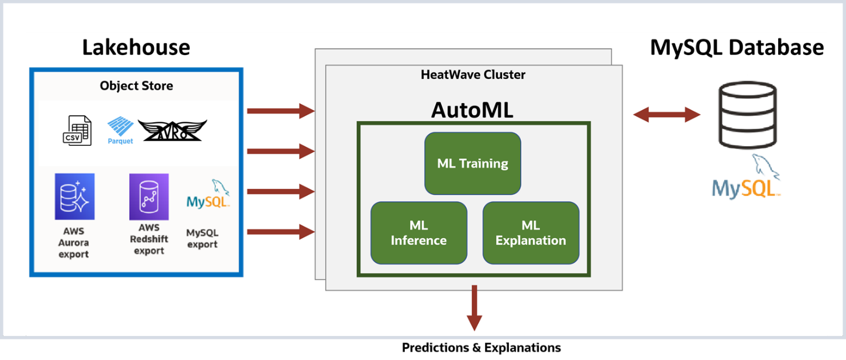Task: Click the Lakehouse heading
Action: pyautogui.click(x=136, y=47)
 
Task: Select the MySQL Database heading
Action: pyautogui.click(x=737, y=48)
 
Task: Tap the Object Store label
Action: pyautogui.click(x=136, y=85)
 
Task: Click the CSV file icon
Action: pyautogui.click(x=77, y=131)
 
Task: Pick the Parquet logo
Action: pyautogui.click(x=120, y=131)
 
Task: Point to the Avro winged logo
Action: pyautogui.click(x=172, y=131)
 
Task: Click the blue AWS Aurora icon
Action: pyautogui.click(x=75, y=197)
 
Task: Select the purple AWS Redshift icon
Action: pyautogui.click(x=149, y=197)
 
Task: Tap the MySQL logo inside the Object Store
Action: pyautogui.click(x=208, y=194)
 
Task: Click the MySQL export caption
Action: pyautogui.click(x=202, y=238)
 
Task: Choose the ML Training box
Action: pyautogui.click(x=473, y=163)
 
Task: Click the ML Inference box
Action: pyautogui.click(x=419, y=233)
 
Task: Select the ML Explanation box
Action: pyautogui.click(x=531, y=233)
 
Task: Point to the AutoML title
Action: pyautogui.click(x=472, y=110)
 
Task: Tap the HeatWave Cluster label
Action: pyautogui.click(x=473, y=75)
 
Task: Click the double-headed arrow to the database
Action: pyautogui.click(x=666, y=115)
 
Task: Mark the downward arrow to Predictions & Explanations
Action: pyautogui.click(x=474, y=308)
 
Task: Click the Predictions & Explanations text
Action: pyautogui.click(x=481, y=348)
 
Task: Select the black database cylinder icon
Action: pyautogui.click(x=748, y=115)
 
